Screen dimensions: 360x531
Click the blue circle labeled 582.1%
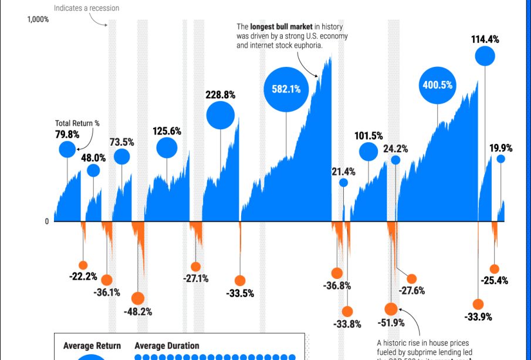(x=286, y=89)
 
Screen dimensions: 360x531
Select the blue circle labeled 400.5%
(x=437, y=85)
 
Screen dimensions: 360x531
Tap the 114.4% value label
(x=485, y=39)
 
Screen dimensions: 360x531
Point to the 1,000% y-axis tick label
(x=38, y=19)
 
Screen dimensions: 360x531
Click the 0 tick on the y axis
(x=47, y=221)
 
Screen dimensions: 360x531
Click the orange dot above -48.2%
(x=137, y=298)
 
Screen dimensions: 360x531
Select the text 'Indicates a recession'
(x=86, y=8)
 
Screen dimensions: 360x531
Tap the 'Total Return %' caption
(x=77, y=123)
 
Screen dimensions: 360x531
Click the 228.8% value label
(x=220, y=94)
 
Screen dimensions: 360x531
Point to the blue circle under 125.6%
(x=167, y=148)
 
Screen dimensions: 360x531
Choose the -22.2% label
(x=83, y=277)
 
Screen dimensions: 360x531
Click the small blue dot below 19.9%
(x=500, y=159)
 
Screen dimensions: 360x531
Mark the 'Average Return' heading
(x=92, y=346)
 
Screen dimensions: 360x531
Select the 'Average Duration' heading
(x=167, y=346)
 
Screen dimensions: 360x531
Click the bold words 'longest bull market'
(x=281, y=27)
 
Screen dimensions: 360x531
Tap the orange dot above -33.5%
(x=239, y=281)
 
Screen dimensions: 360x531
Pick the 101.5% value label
(x=368, y=136)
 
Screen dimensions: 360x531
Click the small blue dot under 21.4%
(x=343, y=183)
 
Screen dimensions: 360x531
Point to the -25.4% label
(x=494, y=280)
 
